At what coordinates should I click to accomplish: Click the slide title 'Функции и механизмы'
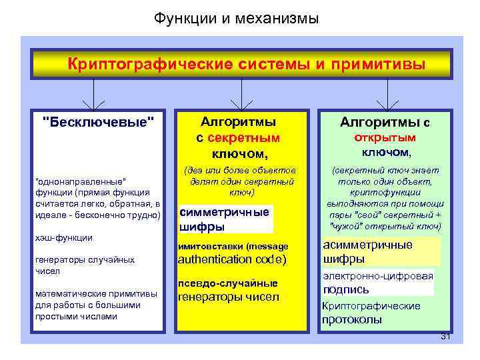pyautogui.click(x=237, y=19)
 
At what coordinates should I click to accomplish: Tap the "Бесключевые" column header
pyautogui.click(x=98, y=121)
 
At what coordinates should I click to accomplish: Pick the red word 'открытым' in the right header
pyautogui.click(x=385, y=137)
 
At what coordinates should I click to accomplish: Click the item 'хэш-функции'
pyautogui.click(x=63, y=237)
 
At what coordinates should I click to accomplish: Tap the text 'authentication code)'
pyautogui.click(x=232, y=260)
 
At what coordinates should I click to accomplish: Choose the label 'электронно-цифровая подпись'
pyautogui.click(x=377, y=283)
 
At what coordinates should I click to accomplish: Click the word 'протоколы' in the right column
pyautogui.click(x=352, y=319)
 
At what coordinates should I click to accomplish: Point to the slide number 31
pyautogui.click(x=446, y=337)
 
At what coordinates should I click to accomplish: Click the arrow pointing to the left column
pyautogui.click(x=93, y=101)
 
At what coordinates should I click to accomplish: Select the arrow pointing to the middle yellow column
pyautogui.click(x=241, y=101)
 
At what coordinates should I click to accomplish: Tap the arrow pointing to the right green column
pyautogui.click(x=387, y=101)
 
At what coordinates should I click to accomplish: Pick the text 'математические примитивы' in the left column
pyautogui.click(x=95, y=294)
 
